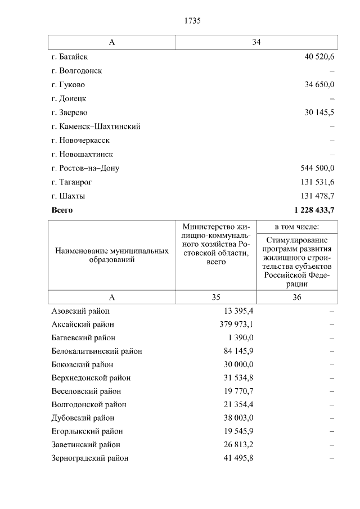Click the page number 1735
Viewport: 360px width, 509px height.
[x=192, y=21]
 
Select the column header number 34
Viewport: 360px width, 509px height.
[x=256, y=43]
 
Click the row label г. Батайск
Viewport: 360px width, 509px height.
[x=69, y=57]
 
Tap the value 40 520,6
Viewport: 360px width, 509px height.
[x=319, y=57]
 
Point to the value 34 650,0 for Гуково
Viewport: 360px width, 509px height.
[x=319, y=85]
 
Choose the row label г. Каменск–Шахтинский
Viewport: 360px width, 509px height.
[x=96, y=127]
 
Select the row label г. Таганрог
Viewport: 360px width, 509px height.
[x=71, y=182]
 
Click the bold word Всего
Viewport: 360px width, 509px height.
[x=62, y=210]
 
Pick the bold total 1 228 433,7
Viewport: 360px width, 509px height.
[x=314, y=210]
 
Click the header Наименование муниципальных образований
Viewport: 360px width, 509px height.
[x=112, y=255]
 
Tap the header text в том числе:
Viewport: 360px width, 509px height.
[x=297, y=227]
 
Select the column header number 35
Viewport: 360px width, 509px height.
[x=216, y=298]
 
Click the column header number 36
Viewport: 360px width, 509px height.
[x=297, y=298]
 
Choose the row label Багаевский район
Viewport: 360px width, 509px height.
[x=83, y=338]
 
